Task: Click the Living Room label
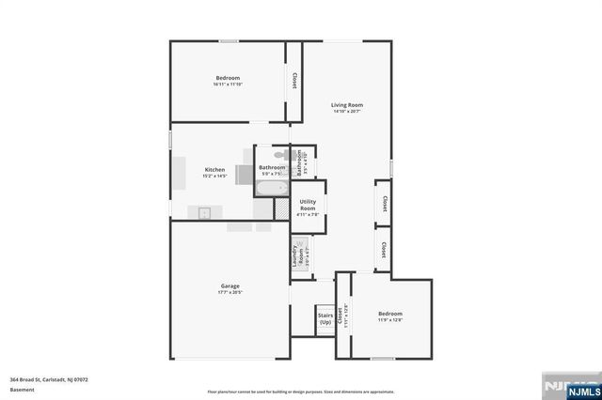347,104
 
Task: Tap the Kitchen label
214,169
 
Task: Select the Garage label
230,285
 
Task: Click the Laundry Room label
297,254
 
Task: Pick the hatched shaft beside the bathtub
279,208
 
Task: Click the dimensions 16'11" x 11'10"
228,85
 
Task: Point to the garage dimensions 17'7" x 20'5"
230,292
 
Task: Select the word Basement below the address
19,389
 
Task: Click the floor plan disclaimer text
301,392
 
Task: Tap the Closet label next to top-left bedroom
296,81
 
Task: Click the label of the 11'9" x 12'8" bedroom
390,314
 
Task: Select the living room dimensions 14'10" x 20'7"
347,112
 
